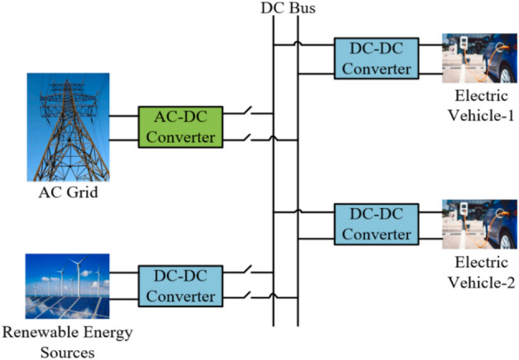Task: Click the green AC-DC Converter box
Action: coord(181,127)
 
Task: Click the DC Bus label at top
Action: coord(285,8)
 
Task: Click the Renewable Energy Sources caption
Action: coord(68,343)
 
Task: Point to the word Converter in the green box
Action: coord(181,137)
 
